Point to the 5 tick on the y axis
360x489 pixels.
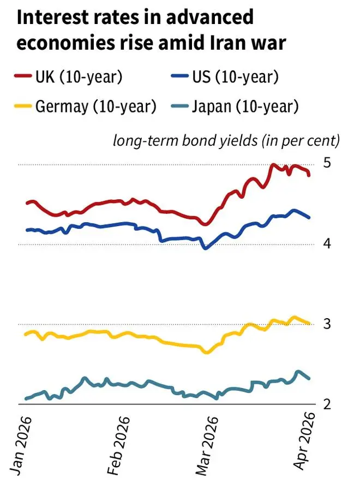(326, 163)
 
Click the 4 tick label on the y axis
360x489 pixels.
(326, 243)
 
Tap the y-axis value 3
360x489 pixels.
(326, 324)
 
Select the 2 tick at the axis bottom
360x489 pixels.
(326, 404)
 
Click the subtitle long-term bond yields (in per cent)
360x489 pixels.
(226, 141)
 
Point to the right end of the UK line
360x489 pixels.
(310, 175)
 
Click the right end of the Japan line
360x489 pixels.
(310, 378)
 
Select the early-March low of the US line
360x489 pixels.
(206, 248)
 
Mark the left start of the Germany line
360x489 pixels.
(26, 334)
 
